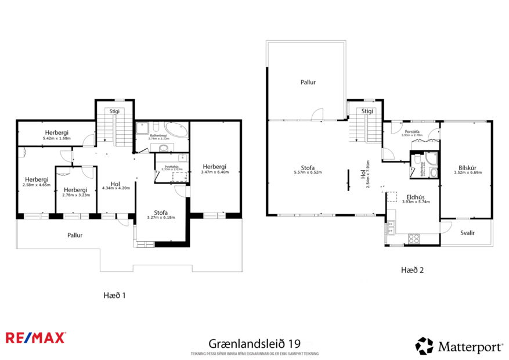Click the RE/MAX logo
pyautogui.click(x=35, y=337)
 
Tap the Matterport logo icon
pyautogui.click(x=424, y=346)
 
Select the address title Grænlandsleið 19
pyautogui.click(x=254, y=344)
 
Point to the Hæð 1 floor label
pyautogui.click(x=114, y=295)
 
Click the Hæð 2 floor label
pyautogui.click(x=412, y=270)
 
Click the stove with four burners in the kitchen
pyautogui.click(x=414, y=238)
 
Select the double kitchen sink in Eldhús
pyautogui.click(x=390, y=228)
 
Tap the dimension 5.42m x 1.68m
pyautogui.click(x=56, y=139)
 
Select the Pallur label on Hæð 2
pyautogui.click(x=308, y=82)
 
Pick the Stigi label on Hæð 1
pyautogui.click(x=114, y=110)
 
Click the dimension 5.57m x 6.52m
pyautogui.click(x=308, y=172)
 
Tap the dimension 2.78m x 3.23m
pyautogui.click(x=75, y=196)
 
